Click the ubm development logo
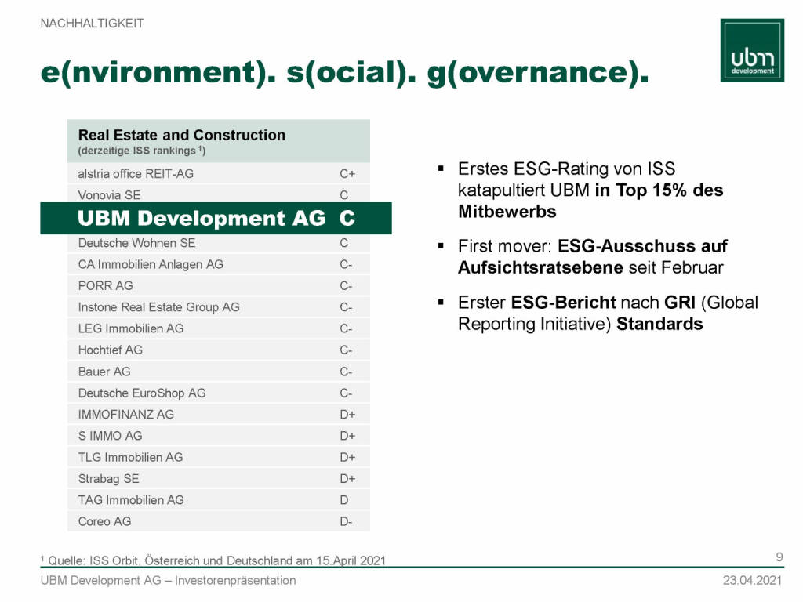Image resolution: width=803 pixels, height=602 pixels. click(752, 50)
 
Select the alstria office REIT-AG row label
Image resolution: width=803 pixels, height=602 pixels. click(136, 174)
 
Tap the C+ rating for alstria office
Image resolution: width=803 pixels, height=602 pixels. click(347, 174)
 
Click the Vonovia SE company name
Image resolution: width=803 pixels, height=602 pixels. click(109, 195)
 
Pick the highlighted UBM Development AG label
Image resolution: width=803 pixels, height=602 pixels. click(202, 218)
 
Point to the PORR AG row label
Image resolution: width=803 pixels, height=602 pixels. click(106, 285)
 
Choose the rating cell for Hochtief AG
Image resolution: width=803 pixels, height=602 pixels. click(346, 350)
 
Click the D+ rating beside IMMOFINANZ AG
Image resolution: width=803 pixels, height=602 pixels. click(347, 415)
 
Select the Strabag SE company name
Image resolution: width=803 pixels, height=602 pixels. click(108, 479)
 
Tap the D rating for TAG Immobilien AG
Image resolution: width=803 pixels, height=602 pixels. click(344, 500)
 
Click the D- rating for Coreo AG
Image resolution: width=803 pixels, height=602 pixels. click(346, 521)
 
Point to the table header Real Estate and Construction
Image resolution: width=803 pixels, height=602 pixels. click(182, 135)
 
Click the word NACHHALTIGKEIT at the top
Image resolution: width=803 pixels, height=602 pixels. click(93, 24)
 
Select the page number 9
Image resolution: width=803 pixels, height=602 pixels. click(779, 557)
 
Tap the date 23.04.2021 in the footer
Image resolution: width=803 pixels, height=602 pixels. click(752, 581)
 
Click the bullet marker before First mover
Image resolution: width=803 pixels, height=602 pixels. click(441, 246)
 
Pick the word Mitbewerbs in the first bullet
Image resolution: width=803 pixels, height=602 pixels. click(507, 212)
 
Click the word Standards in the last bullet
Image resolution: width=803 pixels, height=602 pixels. click(659, 324)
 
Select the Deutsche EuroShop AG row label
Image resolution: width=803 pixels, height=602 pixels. click(142, 393)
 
